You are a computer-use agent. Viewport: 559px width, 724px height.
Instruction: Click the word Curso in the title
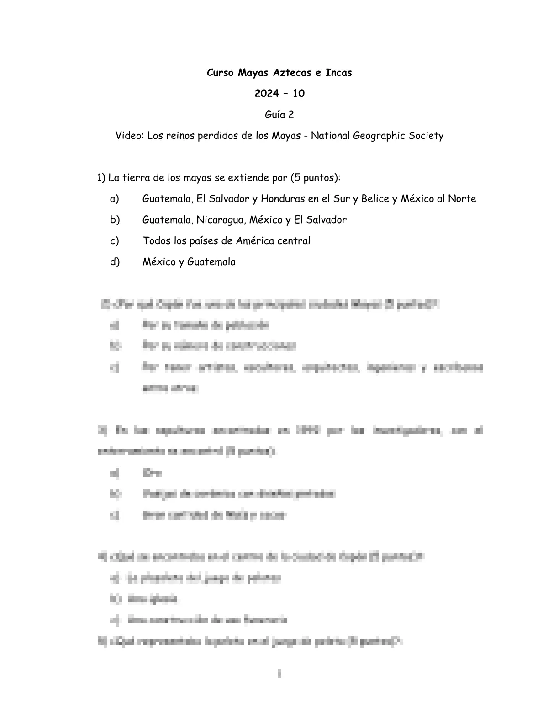coord(221,73)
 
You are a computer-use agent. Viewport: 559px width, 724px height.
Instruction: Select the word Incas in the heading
coord(338,73)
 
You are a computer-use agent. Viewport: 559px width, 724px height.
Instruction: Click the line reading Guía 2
coord(279,115)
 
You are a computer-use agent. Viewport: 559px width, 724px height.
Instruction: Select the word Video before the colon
coord(129,136)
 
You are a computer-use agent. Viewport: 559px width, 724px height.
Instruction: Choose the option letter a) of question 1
coord(114,199)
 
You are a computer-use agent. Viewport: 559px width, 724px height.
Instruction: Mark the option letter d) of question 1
coord(114,262)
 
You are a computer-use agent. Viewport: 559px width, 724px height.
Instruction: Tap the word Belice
coord(375,199)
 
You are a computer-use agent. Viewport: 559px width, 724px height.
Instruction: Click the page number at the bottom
coord(279,674)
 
